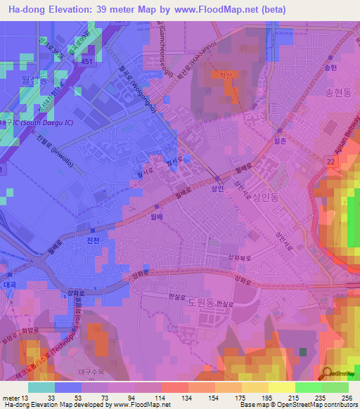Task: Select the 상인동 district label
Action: point(266,198)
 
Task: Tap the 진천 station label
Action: point(91,240)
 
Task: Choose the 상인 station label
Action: point(218,189)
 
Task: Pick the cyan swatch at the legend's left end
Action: point(41,387)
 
